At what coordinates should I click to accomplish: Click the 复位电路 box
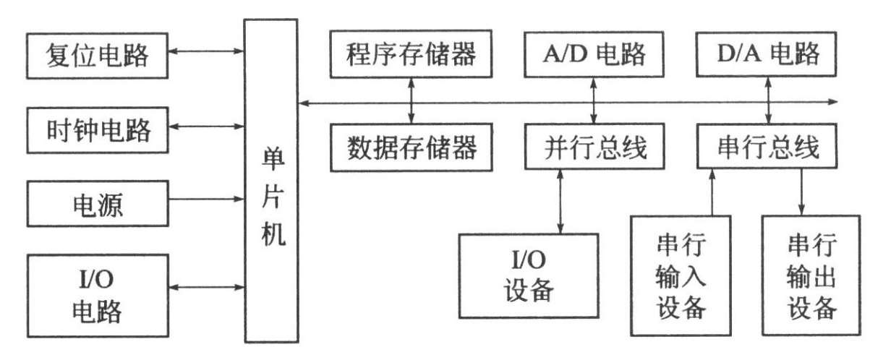point(97,55)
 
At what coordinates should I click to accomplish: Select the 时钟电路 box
point(97,129)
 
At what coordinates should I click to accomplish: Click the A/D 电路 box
point(594,55)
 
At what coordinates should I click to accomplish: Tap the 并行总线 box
point(594,147)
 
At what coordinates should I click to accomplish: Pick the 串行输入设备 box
point(681,275)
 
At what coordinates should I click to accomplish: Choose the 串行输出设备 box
point(811,275)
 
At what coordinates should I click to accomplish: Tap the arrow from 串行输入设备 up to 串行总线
point(712,191)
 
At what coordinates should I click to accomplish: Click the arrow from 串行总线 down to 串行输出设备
point(800,191)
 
